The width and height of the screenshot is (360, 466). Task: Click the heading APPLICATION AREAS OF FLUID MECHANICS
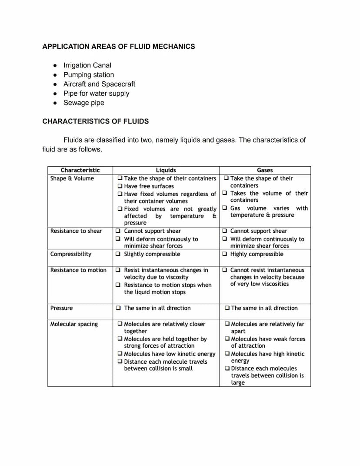(118, 46)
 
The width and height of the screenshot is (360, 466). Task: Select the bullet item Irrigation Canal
(87, 65)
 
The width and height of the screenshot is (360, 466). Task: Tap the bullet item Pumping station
(88, 75)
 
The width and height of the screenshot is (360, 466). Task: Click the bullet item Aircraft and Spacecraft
(99, 84)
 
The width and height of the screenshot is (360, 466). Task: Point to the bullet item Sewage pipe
(83, 103)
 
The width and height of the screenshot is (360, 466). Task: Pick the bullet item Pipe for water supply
(96, 93)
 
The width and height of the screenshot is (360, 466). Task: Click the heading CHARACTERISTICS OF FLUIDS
(95, 121)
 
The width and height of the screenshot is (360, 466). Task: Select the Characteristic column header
(80, 170)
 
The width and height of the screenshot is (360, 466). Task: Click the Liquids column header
(166, 170)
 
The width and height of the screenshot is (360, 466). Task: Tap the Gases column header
(265, 170)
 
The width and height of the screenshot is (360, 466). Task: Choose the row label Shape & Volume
(72, 178)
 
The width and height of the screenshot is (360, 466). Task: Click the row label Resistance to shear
(76, 231)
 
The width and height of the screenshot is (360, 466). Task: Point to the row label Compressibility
(70, 254)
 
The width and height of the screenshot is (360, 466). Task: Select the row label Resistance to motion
(78, 270)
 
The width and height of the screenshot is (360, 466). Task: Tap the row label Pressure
(61, 308)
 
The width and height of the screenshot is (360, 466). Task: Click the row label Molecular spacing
(74, 324)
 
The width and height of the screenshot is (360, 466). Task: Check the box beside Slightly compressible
(118, 254)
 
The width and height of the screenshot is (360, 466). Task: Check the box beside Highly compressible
(224, 254)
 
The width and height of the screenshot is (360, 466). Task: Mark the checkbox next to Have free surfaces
(120, 186)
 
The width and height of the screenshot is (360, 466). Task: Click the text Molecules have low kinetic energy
(170, 354)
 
